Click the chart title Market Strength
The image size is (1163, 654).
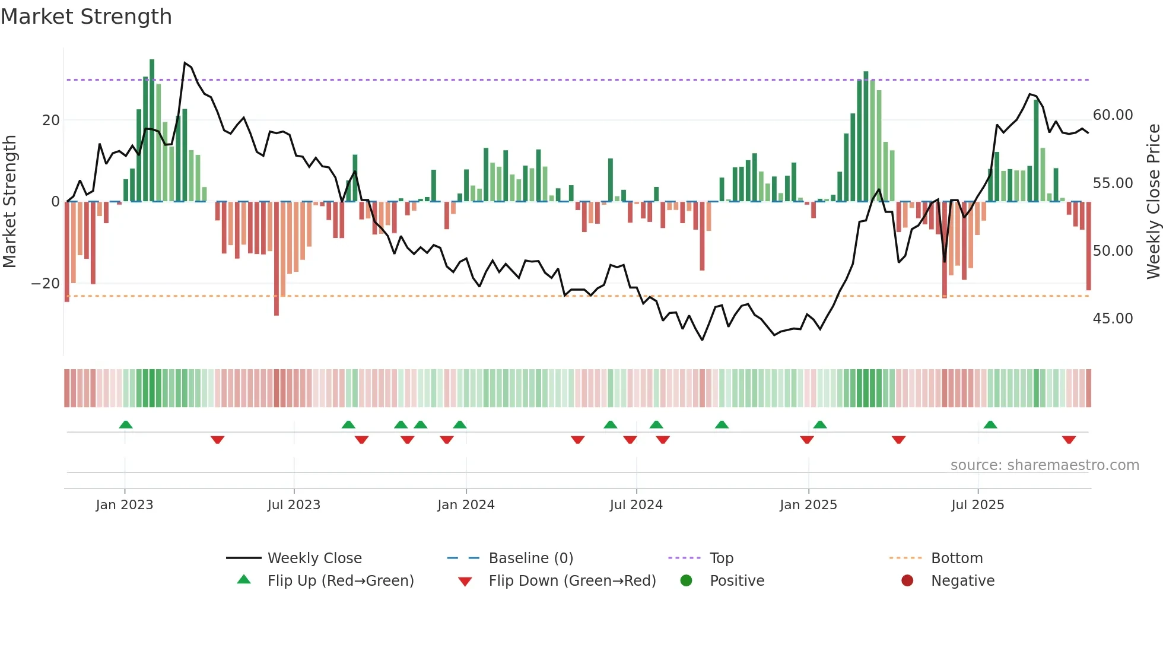(86, 17)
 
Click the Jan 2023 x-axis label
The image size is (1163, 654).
(124, 505)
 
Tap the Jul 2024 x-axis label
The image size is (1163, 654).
(635, 505)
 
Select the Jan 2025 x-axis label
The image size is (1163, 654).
(808, 505)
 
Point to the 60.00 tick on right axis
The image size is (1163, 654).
(1113, 115)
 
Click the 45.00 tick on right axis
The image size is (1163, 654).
(1113, 319)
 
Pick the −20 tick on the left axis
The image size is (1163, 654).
(46, 284)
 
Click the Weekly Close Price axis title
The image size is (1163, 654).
(1153, 202)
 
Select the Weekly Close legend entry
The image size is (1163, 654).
(314, 558)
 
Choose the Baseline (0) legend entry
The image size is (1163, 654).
(530, 558)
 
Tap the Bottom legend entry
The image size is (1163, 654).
(957, 558)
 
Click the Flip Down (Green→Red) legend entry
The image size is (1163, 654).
(572, 581)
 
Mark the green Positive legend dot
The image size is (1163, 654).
(687, 581)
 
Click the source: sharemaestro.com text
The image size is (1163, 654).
(1044, 465)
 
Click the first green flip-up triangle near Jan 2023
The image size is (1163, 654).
(126, 425)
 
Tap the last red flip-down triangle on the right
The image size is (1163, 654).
(1069, 440)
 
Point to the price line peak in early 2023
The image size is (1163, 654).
(185, 63)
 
